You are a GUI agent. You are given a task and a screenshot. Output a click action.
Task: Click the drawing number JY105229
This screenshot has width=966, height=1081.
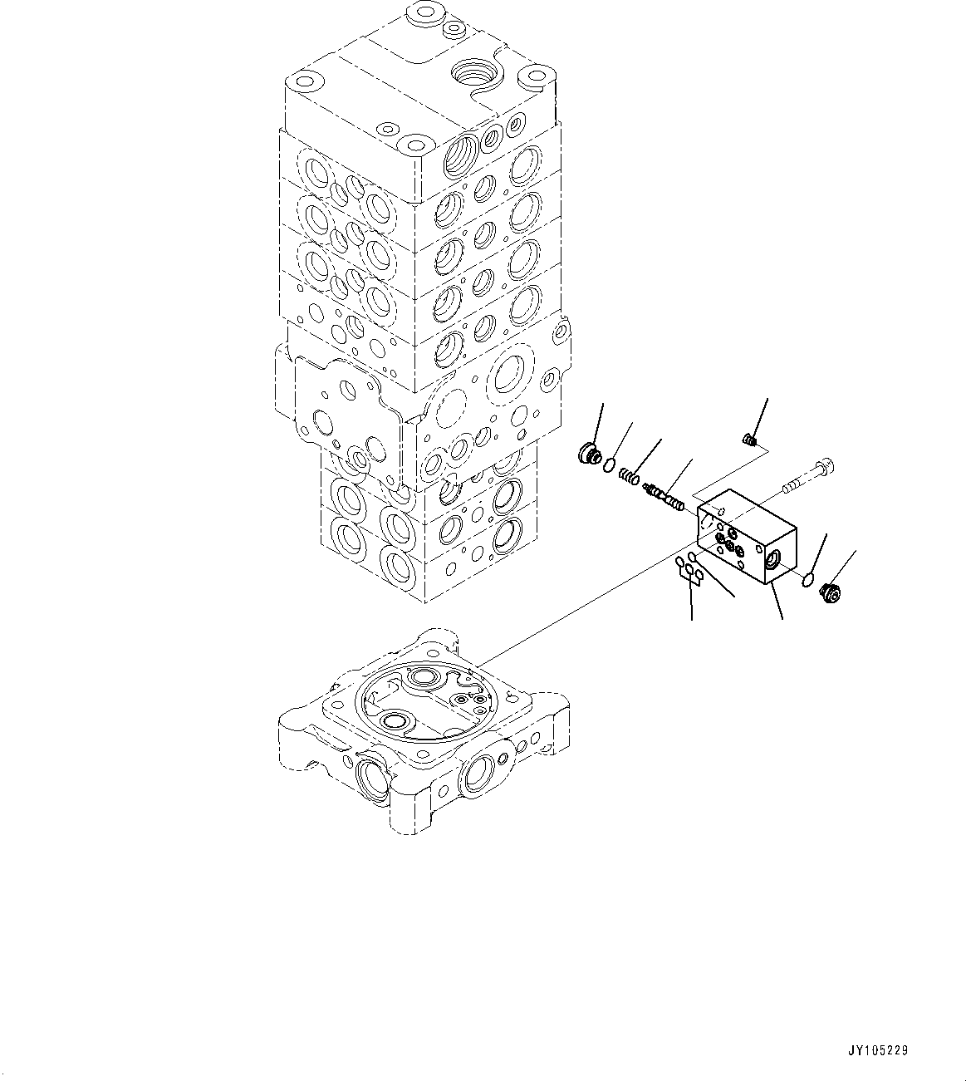pyautogui.click(x=879, y=1050)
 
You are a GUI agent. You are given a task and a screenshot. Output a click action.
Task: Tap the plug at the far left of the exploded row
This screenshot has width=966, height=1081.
pyautogui.click(x=588, y=454)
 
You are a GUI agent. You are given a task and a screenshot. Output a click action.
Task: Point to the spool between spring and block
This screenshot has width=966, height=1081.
pyautogui.click(x=664, y=498)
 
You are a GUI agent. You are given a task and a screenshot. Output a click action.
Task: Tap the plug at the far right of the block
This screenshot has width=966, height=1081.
pyautogui.click(x=829, y=592)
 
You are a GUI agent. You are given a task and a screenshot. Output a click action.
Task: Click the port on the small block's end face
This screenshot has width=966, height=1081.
pyautogui.click(x=772, y=563)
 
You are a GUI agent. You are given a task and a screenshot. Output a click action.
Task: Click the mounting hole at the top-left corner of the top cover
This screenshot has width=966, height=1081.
pyautogui.click(x=302, y=83)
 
